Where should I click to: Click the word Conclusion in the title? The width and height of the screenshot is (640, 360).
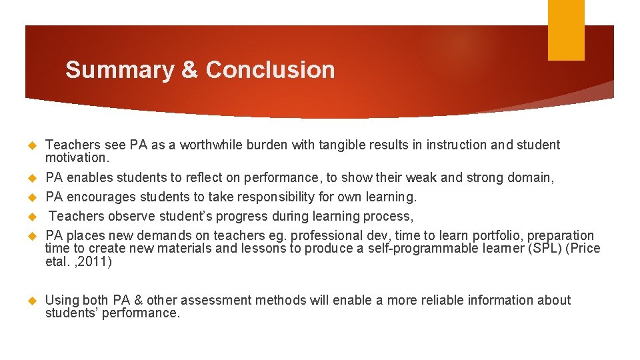coord(270,70)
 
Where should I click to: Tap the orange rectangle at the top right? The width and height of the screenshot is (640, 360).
coord(566,30)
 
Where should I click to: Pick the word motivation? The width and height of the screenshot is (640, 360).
coord(75,158)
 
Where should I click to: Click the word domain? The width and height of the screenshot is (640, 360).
coord(531,177)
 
